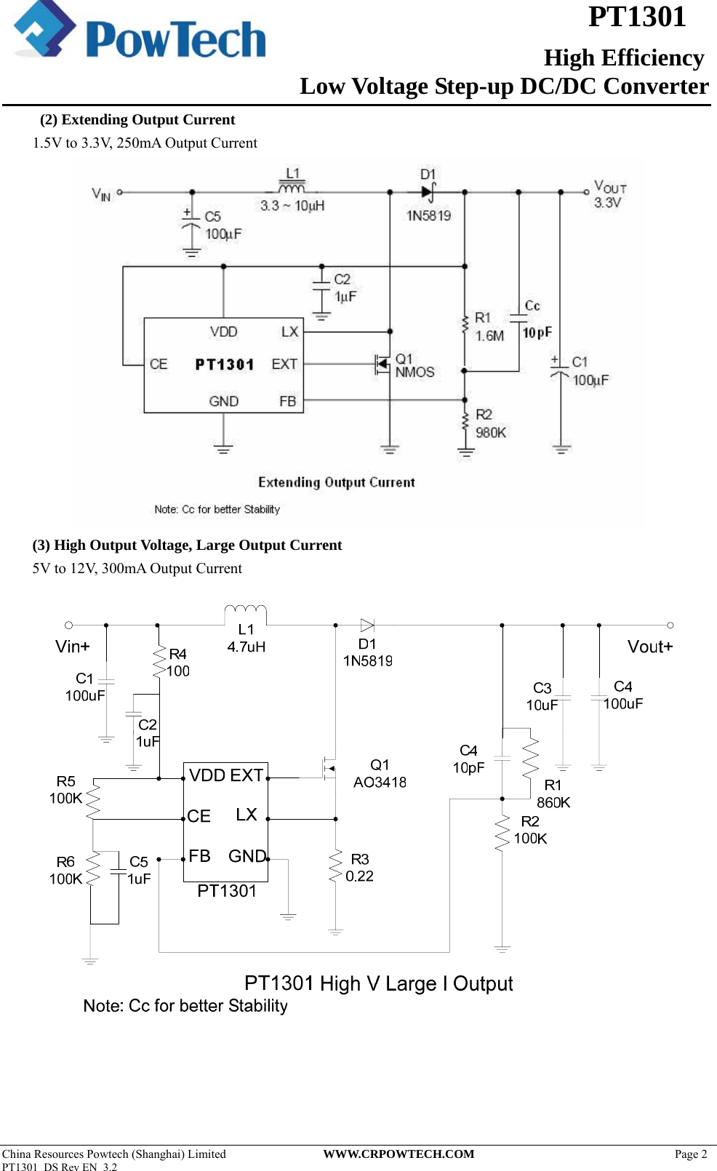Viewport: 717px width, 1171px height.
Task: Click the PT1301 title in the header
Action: tap(636, 17)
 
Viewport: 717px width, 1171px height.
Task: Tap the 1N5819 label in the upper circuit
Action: tap(428, 215)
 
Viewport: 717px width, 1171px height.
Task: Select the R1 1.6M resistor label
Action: tap(489, 327)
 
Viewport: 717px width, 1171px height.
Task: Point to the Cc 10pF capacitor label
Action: tap(537, 320)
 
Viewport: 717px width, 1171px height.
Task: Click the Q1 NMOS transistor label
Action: tap(414, 366)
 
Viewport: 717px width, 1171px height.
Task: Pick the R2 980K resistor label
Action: tap(491, 423)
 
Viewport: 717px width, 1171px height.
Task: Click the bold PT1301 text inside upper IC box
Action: tap(224, 364)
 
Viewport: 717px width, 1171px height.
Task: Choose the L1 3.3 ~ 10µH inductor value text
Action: tap(292, 206)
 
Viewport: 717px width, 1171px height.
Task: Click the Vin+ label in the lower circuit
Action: tap(73, 647)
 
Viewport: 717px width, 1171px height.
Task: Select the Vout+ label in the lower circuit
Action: tap(649, 647)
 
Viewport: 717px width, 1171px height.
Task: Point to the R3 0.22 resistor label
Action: tap(359, 868)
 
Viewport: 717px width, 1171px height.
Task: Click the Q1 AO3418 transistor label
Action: tap(380, 774)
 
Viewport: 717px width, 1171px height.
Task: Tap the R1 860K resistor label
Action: tap(553, 794)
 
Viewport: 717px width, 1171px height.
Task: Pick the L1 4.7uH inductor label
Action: tap(247, 638)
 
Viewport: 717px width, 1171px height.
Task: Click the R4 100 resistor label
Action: tap(177, 663)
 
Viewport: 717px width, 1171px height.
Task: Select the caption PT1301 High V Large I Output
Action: tap(378, 983)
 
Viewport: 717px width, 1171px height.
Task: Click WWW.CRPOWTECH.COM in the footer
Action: tap(398, 1154)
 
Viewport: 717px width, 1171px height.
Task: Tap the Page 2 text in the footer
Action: tap(690, 1154)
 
